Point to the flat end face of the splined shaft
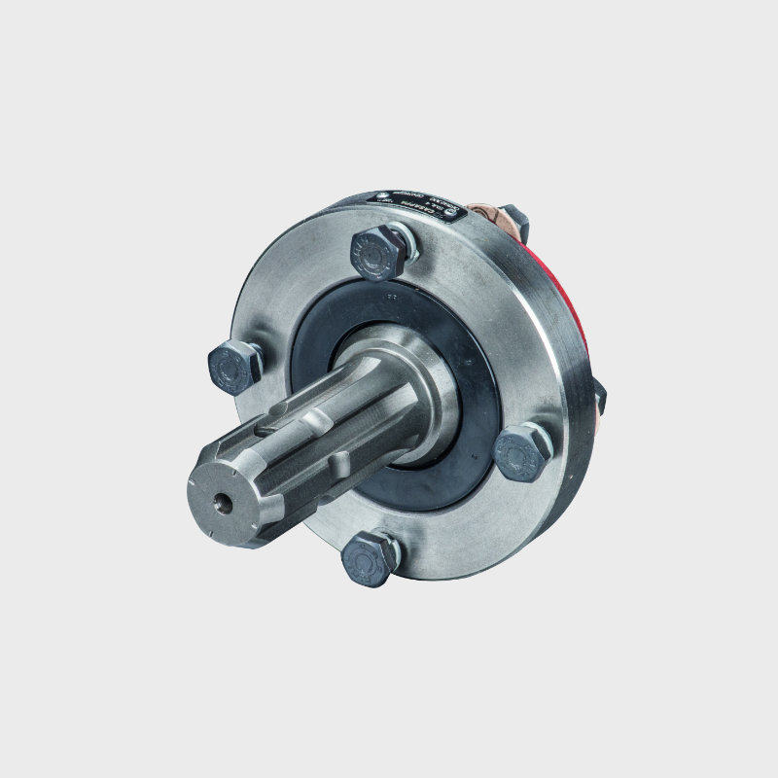pos(231,495)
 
